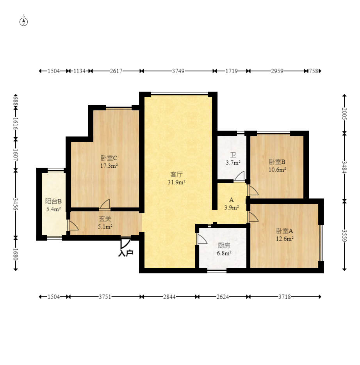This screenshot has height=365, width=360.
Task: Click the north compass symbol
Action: pyautogui.click(x=23, y=22)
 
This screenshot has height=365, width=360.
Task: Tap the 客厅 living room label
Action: pyautogui.click(x=176, y=174)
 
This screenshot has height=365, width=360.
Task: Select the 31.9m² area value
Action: pyautogui.click(x=176, y=182)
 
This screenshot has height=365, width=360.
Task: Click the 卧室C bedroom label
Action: pyautogui.click(x=109, y=158)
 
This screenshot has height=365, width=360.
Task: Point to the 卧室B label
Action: pyautogui.click(x=277, y=162)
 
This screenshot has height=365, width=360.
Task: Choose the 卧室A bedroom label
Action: pyautogui.click(x=285, y=231)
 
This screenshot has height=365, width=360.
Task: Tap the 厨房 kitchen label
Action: pyautogui.click(x=224, y=245)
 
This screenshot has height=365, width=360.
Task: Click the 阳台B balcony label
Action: pyautogui.click(x=53, y=201)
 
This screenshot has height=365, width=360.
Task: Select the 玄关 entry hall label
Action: pyautogui.click(x=105, y=219)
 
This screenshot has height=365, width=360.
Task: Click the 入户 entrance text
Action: pyautogui.click(x=126, y=253)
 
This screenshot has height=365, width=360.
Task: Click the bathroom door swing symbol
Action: pyautogui.click(x=239, y=176)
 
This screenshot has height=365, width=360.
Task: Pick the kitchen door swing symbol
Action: pyautogui.click(x=202, y=239)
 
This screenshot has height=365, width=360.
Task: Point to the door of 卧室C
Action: pyautogui.click(x=105, y=204)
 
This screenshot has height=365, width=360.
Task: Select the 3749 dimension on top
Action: pyautogui.click(x=178, y=71)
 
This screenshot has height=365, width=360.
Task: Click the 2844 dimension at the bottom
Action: pyautogui.click(x=169, y=297)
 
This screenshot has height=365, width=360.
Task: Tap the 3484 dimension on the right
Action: pyautogui.click(x=344, y=167)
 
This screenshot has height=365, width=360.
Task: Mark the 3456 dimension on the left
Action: pyautogui.click(x=16, y=204)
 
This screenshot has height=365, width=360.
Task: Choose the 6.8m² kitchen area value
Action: pyautogui.click(x=224, y=253)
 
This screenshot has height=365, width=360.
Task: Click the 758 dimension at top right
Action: pyautogui.click(x=314, y=71)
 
